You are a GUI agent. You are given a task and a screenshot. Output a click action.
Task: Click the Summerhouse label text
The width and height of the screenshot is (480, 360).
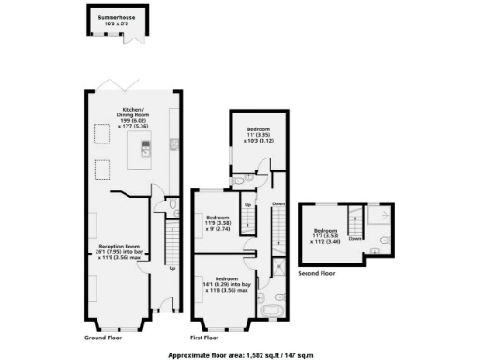click(x=112, y=20)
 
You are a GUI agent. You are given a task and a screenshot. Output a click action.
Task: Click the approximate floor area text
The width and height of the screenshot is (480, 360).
click(x=239, y=355)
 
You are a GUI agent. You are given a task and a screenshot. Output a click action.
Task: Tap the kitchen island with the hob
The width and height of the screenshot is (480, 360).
click(x=144, y=148)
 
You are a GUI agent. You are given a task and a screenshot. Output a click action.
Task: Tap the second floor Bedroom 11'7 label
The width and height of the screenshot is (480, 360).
click(x=326, y=234)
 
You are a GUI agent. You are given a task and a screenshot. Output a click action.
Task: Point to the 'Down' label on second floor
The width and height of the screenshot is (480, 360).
click(x=354, y=238)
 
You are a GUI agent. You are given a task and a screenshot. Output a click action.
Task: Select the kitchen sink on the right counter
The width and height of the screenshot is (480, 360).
click(x=175, y=145)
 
